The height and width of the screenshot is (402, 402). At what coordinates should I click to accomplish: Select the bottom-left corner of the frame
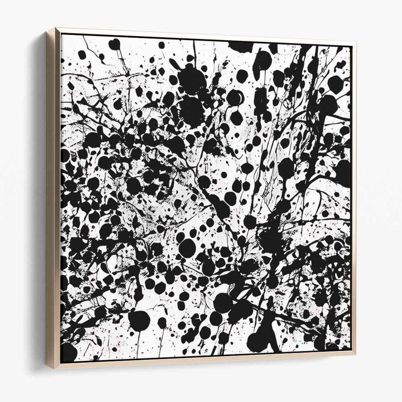[x=49, y=368]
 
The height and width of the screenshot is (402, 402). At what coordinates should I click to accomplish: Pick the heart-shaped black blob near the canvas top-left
[x=114, y=44]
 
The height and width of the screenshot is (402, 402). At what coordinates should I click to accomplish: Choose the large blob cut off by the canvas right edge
[x=343, y=172]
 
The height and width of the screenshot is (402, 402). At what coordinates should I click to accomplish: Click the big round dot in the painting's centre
[x=187, y=248]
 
